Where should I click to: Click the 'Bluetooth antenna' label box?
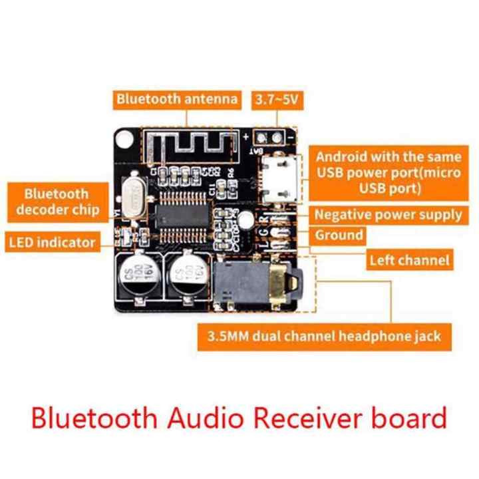[x=177, y=100]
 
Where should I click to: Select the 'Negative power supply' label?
[x=388, y=214]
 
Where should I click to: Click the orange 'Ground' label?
[x=339, y=235]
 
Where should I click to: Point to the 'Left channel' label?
[x=409, y=260]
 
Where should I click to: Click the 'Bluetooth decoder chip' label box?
[x=57, y=202]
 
